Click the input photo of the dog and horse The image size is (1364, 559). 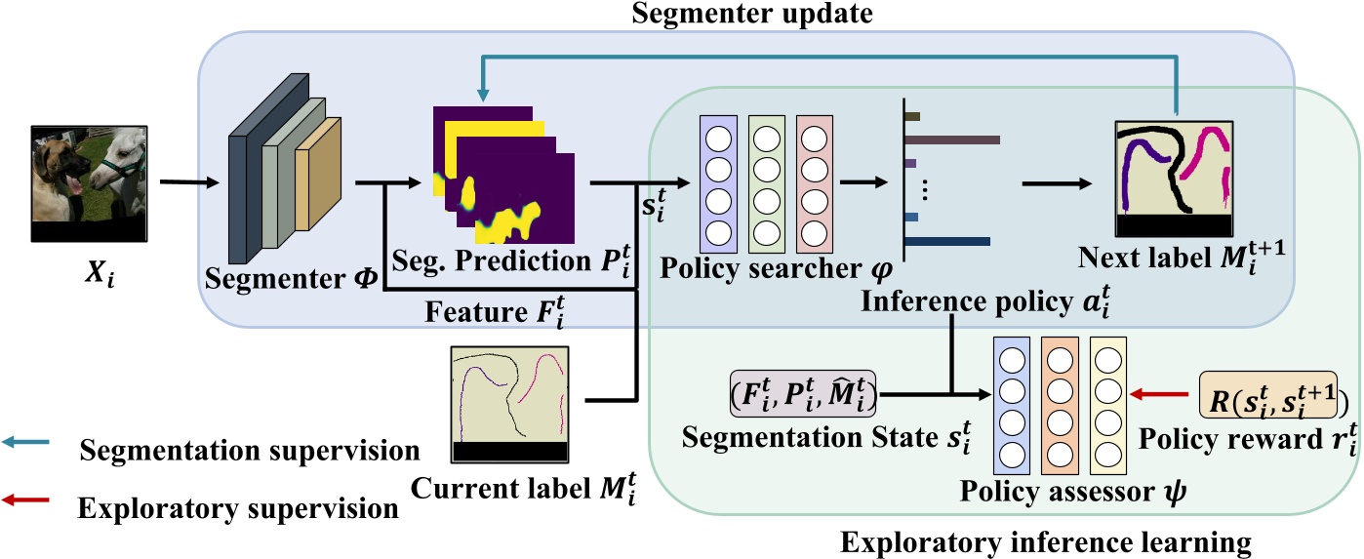pos(89,183)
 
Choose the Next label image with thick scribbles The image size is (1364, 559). pos(1175,181)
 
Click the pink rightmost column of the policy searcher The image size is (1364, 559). pos(814,181)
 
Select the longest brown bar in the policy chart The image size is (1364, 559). pos(953,140)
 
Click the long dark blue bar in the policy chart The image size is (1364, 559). pos(947,241)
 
